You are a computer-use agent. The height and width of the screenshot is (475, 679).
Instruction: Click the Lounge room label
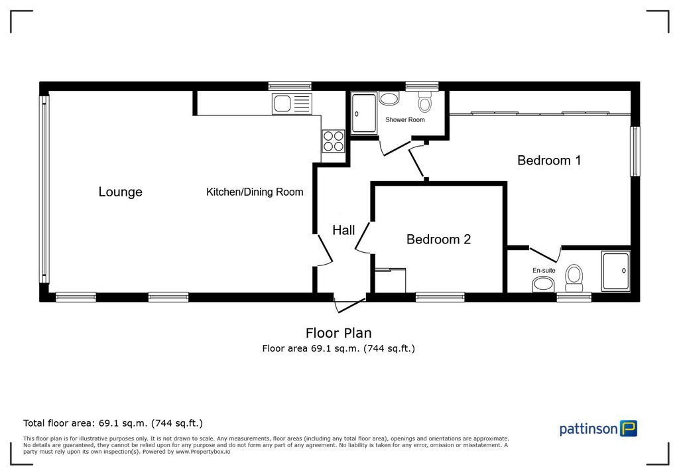[121, 192]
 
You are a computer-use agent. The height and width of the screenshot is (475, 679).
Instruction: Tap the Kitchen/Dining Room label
[255, 192]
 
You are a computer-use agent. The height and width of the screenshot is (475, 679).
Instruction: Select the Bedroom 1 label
[549, 161]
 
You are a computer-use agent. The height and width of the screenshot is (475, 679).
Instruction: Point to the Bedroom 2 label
[438, 239]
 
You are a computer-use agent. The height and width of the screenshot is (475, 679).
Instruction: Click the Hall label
[344, 230]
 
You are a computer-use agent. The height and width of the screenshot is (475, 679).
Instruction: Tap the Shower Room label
[405, 119]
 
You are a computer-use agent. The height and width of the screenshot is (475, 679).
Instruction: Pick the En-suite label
[544, 271]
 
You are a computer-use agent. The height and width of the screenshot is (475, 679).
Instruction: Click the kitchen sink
[292, 104]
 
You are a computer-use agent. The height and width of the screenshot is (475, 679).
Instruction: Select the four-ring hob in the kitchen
[334, 141]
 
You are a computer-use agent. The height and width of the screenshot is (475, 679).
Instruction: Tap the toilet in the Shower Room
[424, 102]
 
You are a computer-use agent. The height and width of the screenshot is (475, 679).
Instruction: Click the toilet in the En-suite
[574, 278]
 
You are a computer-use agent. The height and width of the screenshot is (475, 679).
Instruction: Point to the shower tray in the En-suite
[616, 271]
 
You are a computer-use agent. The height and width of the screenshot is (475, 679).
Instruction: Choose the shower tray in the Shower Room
[364, 113]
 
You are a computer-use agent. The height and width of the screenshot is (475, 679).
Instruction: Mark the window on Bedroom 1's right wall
[635, 151]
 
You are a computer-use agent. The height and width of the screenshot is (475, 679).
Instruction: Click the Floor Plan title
[339, 333]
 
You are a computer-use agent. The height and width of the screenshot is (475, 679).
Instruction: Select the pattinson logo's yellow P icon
[629, 428]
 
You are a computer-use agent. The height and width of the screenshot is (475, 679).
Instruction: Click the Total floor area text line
[113, 423]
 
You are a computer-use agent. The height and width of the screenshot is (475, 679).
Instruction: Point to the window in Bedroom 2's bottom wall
[440, 297]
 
